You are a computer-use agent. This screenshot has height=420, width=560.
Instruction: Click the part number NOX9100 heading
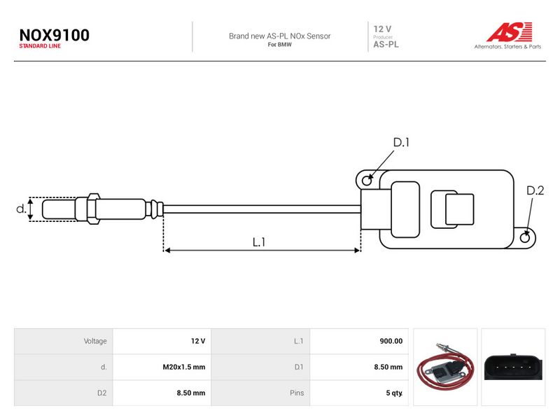[x=55, y=35]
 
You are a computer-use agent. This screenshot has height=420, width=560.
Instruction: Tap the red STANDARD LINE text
[x=40, y=46]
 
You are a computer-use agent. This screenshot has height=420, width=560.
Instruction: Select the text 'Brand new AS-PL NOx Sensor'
[x=279, y=36]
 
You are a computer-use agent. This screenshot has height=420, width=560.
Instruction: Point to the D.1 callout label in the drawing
[x=401, y=143]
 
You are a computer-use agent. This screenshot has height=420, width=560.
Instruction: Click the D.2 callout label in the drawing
[x=535, y=190]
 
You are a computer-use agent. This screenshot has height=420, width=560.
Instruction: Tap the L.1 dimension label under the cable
[x=259, y=242]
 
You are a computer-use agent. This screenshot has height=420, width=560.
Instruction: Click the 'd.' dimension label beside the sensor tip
[x=22, y=209]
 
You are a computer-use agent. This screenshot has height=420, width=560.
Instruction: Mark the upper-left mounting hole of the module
[x=367, y=181]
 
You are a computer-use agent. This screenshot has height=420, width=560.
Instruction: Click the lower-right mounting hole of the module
[x=525, y=237]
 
